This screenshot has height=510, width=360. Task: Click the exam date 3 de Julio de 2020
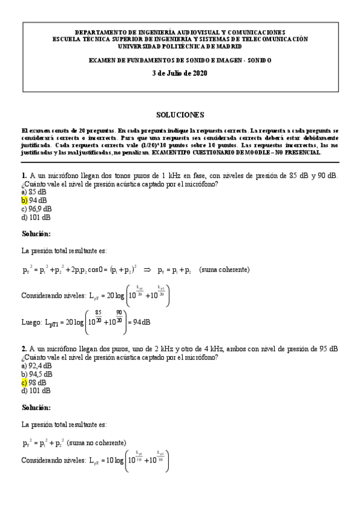180,73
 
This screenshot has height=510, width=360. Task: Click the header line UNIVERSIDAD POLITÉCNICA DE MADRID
180,46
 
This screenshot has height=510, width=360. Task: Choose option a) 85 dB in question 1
34,192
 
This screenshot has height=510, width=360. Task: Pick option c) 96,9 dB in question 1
38,209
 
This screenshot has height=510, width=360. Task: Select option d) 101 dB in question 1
36,217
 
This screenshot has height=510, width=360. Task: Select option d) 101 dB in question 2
36,390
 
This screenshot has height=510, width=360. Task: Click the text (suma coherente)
225,270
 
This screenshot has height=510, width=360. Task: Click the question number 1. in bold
24,176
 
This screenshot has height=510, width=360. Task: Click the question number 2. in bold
24,349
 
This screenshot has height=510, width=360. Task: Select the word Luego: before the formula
32,322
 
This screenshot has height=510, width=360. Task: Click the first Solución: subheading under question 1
36,233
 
